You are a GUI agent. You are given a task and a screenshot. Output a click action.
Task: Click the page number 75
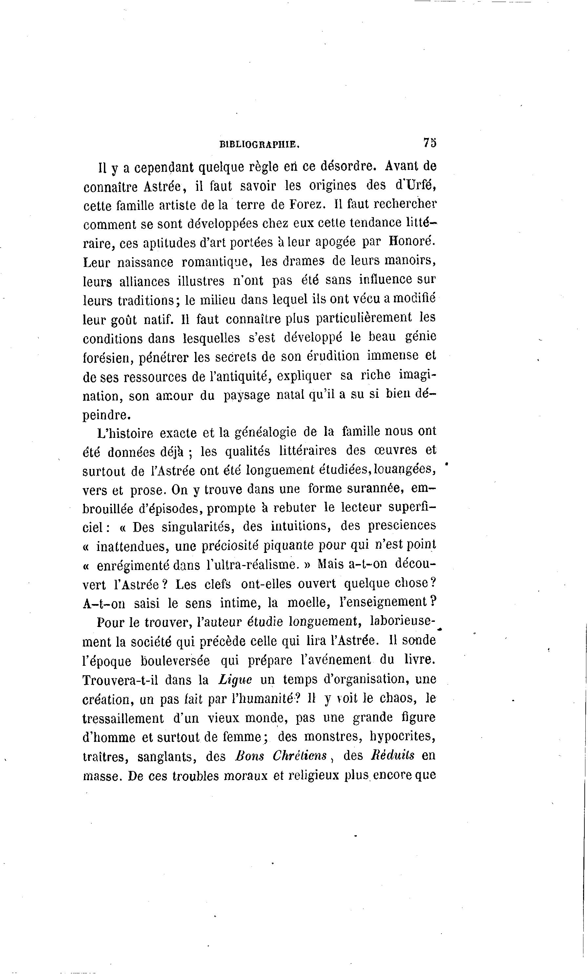click(x=430, y=143)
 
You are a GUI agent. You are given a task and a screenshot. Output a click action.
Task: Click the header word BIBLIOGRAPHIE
click(x=260, y=145)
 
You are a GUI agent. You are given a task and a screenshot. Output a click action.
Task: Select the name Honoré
click(x=412, y=241)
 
